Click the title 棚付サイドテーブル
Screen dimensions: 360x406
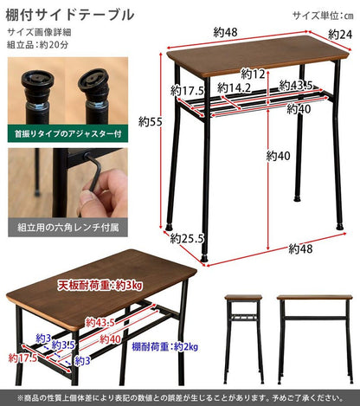[x=70, y=15]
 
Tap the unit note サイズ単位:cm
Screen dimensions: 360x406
[x=323, y=16]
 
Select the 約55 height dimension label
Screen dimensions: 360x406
[x=150, y=122]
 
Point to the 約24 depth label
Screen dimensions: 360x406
[x=340, y=35]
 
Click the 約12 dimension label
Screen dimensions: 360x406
[x=253, y=74]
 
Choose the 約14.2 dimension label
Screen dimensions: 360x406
[x=234, y=87]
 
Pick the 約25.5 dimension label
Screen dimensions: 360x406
[x=187, y=238]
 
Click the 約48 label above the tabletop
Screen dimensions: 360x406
[x=226, y=32]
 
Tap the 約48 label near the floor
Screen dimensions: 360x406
[x=300, y=248]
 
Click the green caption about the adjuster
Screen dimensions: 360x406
[x=67, y=133]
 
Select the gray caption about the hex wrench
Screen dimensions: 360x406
[x=67, y=228]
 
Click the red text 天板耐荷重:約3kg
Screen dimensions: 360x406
[x=100, y=286]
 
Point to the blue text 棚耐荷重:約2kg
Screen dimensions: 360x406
[x=165, y=346]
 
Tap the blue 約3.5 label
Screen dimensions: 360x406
[x=63, y=345]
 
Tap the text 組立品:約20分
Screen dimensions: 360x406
[x=37, y=45]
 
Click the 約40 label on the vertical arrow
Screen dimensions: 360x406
[x=278, y=156]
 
